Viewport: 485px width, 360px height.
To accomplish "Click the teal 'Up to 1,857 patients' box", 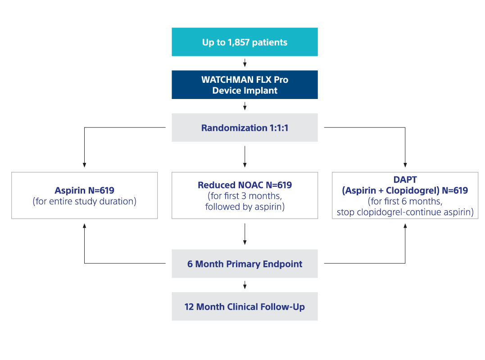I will click(245, 42).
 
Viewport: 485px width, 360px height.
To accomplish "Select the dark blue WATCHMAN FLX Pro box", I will click(245, 85).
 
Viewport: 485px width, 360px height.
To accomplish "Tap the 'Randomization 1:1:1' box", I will click(245, 128).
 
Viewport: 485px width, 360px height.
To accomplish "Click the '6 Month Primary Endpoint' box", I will click(245, 264).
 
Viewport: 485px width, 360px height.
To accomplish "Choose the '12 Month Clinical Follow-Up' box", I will click(245, 307).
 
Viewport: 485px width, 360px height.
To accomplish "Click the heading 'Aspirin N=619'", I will click(84, 190).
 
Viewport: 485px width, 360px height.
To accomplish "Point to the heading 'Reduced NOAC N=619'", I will click(245, 185).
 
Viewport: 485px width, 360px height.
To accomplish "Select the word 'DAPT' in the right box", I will click(405, 180).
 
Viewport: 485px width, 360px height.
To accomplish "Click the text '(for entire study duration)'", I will click(84, 201).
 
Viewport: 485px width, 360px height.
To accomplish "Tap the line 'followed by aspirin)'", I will click(245, 207).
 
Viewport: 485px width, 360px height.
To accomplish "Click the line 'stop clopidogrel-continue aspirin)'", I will click(405, 212).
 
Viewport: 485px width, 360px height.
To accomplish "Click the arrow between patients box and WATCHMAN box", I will click(245, 63).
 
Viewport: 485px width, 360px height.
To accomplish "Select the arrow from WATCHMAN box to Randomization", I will click(245, 106).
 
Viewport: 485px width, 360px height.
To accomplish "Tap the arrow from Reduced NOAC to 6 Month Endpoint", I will click(245, 234).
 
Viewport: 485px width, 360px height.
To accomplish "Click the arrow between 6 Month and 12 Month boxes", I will click(245, 285).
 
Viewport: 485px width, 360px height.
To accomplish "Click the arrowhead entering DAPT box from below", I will click(405, 225).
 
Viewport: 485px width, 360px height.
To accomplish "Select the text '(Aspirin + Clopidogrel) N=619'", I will click(405, 190).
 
